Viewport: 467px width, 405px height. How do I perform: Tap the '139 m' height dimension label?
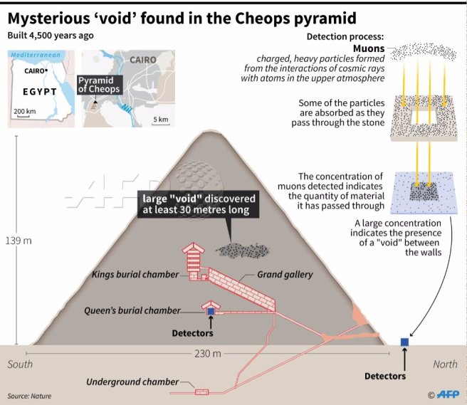19,241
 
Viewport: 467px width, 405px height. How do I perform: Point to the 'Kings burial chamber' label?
135,274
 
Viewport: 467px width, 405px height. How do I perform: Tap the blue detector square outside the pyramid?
405,342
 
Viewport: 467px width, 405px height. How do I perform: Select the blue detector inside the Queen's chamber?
211,311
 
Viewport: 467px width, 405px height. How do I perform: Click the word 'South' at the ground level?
20,364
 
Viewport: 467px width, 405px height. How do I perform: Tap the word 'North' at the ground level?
446,364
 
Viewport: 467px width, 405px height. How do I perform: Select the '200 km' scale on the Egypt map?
24,111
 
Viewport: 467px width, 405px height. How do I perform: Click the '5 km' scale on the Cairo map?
160,119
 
